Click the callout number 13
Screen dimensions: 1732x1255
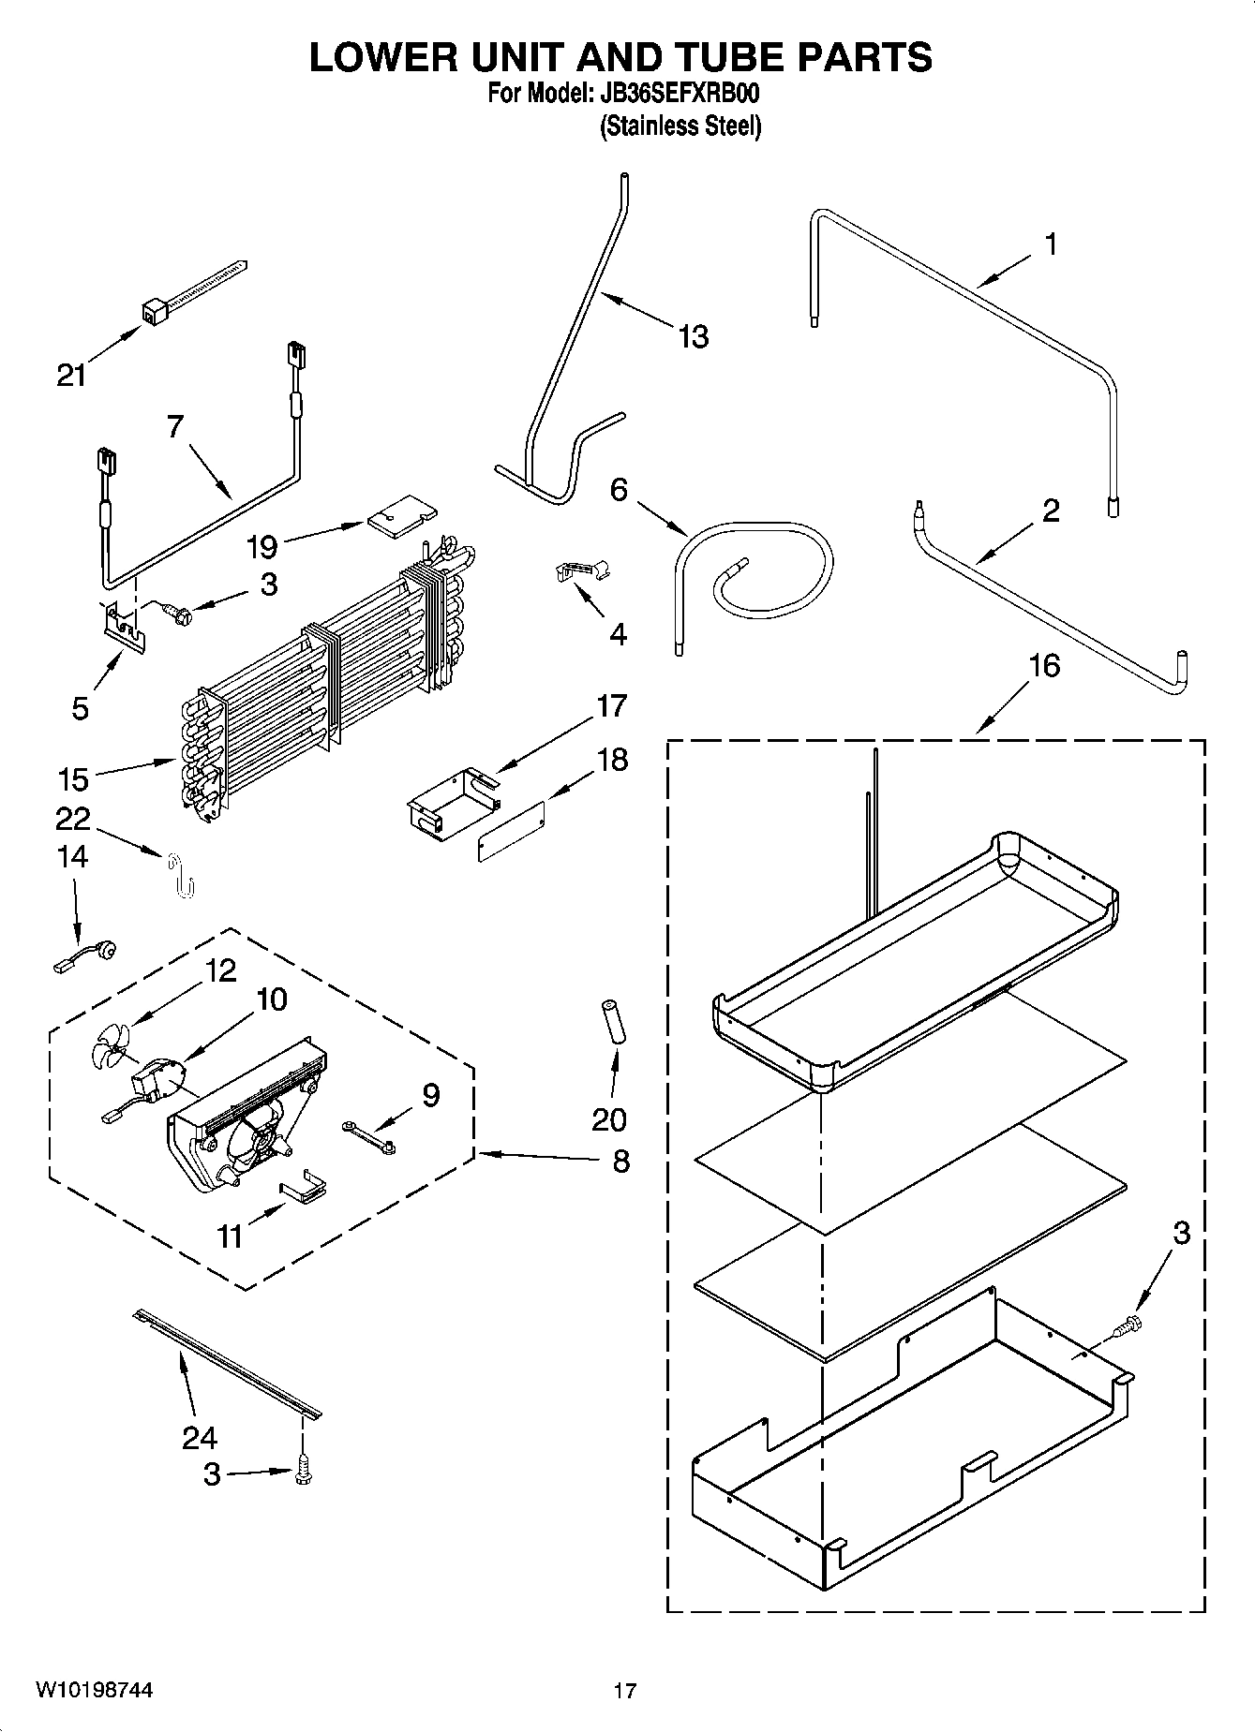pyautogui.click(x=693, y=336)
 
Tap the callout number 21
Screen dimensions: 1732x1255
pyautogui.click(x=71, y=376)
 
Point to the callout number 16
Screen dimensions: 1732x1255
pyautogui.click(x=1044, y=666)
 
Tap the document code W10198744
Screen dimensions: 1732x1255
pyautogui.click(x=94, y=1690)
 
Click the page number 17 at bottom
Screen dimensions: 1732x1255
pyautogui.click(x=625, y=1691)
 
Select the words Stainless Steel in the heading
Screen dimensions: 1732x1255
pyautogui.click(x=680, y=126)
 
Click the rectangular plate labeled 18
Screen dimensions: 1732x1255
pyautogui.click(x=510, y=831)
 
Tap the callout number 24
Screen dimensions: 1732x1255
pyautogui.click(x=200, y=1437)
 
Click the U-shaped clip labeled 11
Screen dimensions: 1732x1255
pyautogui.click(x=304, y=1190)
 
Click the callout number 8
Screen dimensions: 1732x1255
pyautogui.click(x=620, y=1162)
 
